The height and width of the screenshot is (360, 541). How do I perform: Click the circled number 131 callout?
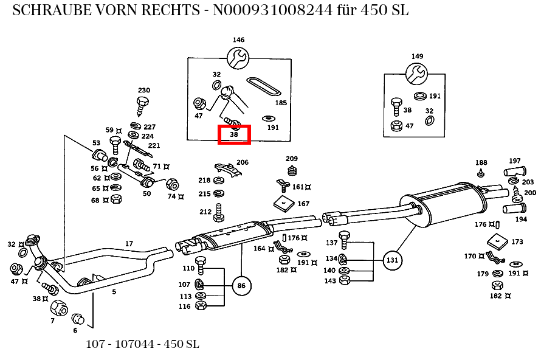coord(393,260)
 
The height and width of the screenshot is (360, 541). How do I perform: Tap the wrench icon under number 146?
coord(238,58)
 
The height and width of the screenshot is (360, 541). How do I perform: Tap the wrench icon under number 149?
coord(417,74)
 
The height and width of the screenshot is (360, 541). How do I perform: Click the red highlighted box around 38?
coord(235,134)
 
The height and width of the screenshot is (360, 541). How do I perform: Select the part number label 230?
coord(144,90)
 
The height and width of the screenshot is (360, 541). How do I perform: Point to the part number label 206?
coord(243,162)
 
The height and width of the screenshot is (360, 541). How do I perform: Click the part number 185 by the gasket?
coord(281,103)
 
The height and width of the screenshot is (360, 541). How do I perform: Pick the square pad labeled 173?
coord(497,241)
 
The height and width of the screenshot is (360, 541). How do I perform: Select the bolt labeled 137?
coord(344,238)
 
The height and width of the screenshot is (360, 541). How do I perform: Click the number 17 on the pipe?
coord(129,244)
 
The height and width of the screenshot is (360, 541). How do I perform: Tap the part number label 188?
coord(481,163)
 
